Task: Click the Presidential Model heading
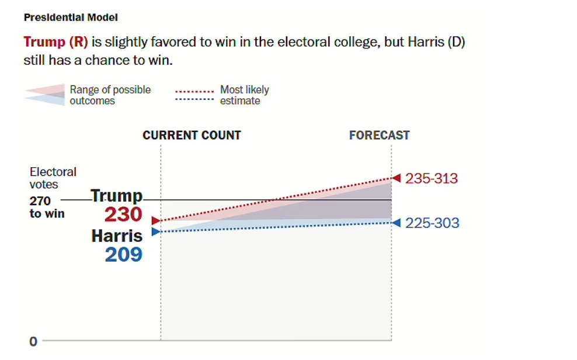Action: pos(71,18)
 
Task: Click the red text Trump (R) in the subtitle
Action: pos(55,43)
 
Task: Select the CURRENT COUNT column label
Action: pos(192,135)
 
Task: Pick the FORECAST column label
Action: pos(379,135)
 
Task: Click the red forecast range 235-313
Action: pos(432,178)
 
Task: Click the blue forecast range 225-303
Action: pos(432,223)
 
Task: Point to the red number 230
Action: pos(123,214)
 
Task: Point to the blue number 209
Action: pos(123,254)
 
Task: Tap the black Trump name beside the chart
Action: pos(117,196)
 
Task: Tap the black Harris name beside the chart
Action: pos(117,236)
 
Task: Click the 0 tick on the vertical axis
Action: pos(33,341)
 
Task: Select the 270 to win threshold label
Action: pos(47,207)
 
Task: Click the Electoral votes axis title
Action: pos(53,178)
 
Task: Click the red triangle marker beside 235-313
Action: pos(396,178)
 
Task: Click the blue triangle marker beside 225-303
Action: pos(396,222)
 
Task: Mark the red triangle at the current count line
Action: pos(155,220)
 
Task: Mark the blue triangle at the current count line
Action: pos(155,231)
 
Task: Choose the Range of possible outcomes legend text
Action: pos(110,95)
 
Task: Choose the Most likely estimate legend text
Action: pos(244,95)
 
